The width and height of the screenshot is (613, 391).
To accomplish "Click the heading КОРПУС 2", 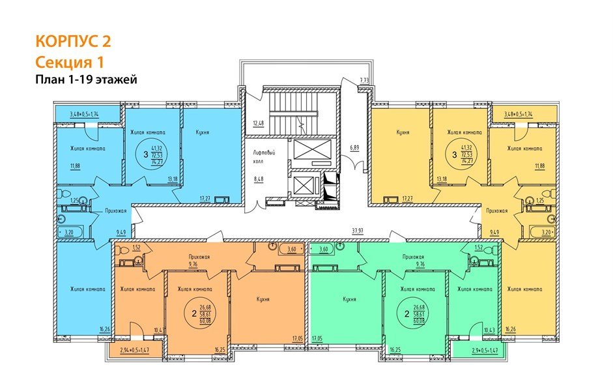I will click(x=73, y=41).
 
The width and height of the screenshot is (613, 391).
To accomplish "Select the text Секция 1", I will click(x=69, y=62).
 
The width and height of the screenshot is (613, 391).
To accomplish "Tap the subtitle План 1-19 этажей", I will click(x=86, y=80).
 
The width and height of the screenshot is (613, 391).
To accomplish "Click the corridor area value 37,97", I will click(x=357, y=229).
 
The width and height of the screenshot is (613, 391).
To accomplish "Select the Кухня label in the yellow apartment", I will click(x=402, y=131).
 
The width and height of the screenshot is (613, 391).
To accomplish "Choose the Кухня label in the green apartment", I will click(x=349, y=300).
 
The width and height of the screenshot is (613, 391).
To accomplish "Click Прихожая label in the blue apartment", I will click(x=116, y=211).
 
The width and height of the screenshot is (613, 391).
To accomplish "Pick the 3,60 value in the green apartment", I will click(x=322, y=248).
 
